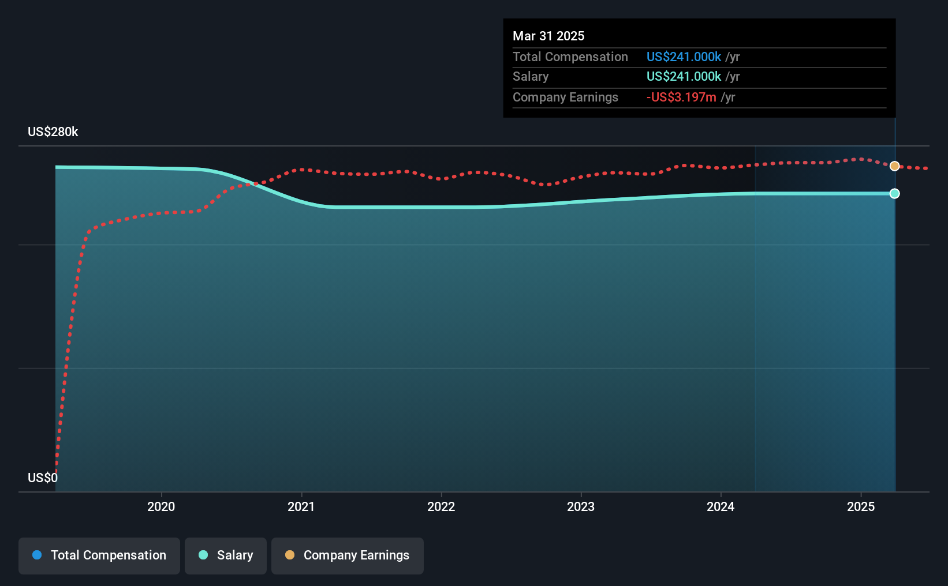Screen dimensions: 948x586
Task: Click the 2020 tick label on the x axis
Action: coord(161,506)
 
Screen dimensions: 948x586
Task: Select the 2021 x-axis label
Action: coord(301,506)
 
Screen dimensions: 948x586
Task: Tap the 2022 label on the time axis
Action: coord(441,506)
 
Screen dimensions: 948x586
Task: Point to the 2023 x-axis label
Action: coord(581,506)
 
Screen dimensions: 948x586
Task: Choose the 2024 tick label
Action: coord(721,506)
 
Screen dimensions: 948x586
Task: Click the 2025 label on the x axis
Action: coord(861,506)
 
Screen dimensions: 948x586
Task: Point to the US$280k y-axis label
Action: coord(53,132)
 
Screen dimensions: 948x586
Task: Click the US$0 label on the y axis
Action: coord(43,478)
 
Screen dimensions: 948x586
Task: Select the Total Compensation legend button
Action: coord(99,555)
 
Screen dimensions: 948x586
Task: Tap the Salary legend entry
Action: coord(226,555)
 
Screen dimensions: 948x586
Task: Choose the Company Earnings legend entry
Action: coord(348,555)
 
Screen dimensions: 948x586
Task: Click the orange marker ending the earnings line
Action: coord(894,166)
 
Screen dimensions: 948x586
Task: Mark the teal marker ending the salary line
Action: coord(894,194)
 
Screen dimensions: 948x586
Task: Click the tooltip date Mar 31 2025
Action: coord(548,36)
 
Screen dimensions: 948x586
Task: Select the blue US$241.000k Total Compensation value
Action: coord(684,57)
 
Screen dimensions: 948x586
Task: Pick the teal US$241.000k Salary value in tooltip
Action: coord(684,77)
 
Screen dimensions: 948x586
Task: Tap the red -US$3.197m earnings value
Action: coord(681,97)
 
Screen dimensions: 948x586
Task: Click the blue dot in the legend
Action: coord(38,555)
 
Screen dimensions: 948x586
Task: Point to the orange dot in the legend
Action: coord(290,555)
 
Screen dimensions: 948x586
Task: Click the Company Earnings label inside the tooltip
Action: coord(565,97)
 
